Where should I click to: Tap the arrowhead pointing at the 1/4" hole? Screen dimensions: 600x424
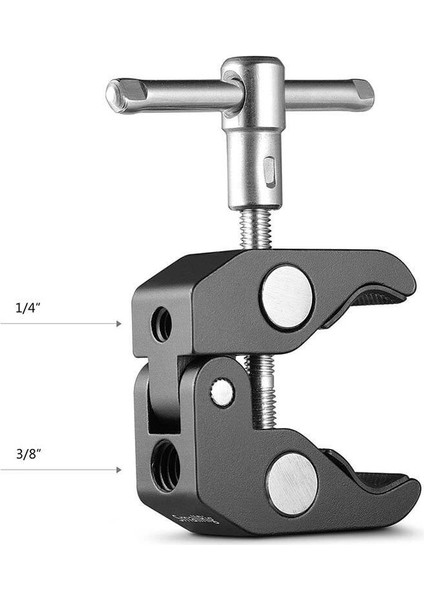pos(119,323)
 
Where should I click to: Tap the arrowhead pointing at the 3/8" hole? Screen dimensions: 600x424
pos(119,468)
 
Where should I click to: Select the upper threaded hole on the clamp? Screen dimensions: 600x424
pos(161,324)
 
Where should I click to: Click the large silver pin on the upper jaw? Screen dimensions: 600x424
pos(287,296)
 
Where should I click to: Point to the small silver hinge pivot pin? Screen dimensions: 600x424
pos(222,393)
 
